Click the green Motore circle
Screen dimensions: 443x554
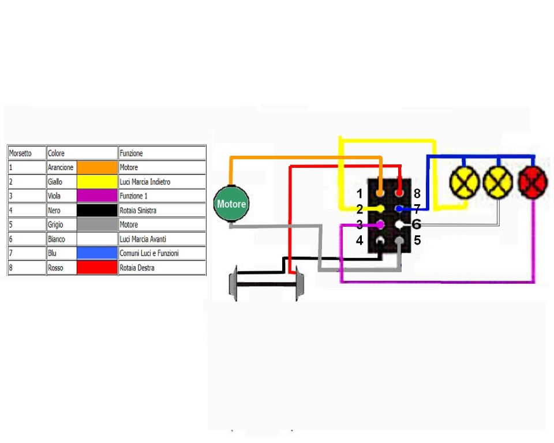231,204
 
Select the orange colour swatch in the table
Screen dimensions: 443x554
97,167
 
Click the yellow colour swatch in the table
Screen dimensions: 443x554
97,182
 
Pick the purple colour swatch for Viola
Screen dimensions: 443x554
97,196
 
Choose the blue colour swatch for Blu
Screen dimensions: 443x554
97,253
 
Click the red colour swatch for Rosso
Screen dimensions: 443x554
97,268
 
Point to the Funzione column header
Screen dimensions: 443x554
131,153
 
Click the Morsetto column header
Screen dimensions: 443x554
20,153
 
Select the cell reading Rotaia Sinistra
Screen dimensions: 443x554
138,211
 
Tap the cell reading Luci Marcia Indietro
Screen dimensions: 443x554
145,182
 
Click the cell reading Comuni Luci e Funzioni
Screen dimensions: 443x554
149,253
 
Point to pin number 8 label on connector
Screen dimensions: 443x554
417,194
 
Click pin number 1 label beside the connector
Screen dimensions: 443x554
360,194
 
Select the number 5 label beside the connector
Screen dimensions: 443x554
417,241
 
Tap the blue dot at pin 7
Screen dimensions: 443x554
399,208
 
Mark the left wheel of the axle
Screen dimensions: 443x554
234,283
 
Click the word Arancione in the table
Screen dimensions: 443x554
61,167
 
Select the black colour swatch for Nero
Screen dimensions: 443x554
97,211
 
